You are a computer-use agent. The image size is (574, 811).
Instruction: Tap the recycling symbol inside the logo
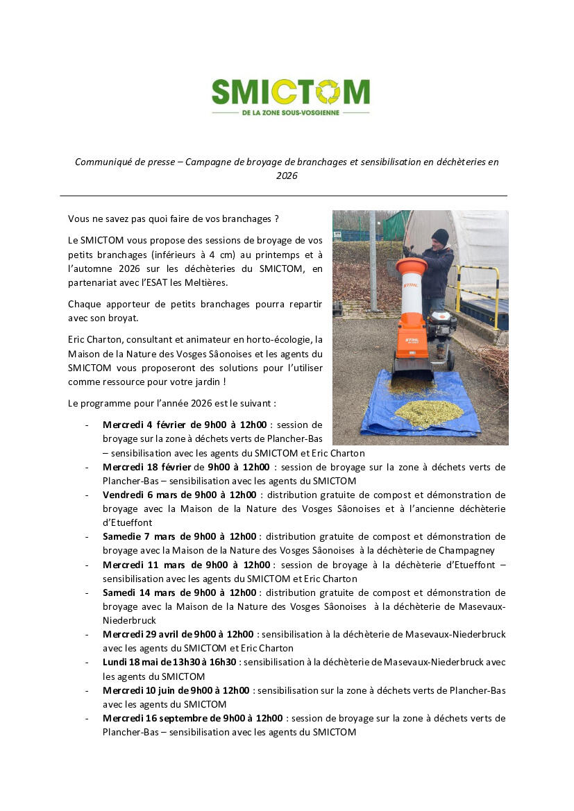[x=328, y=92]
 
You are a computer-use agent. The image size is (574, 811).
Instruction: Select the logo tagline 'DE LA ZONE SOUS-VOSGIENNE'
[x=290, y=112]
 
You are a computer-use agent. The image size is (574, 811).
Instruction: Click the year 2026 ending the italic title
[x=287, y=176]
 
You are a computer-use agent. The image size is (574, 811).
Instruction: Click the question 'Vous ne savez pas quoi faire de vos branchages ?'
[x=174, y=219]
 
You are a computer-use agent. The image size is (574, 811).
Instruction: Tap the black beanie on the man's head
[x=440, y=236]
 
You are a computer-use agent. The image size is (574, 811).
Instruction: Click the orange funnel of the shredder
[x=412, y=267]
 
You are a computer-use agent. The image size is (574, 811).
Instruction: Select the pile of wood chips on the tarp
[x=428, y=413]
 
